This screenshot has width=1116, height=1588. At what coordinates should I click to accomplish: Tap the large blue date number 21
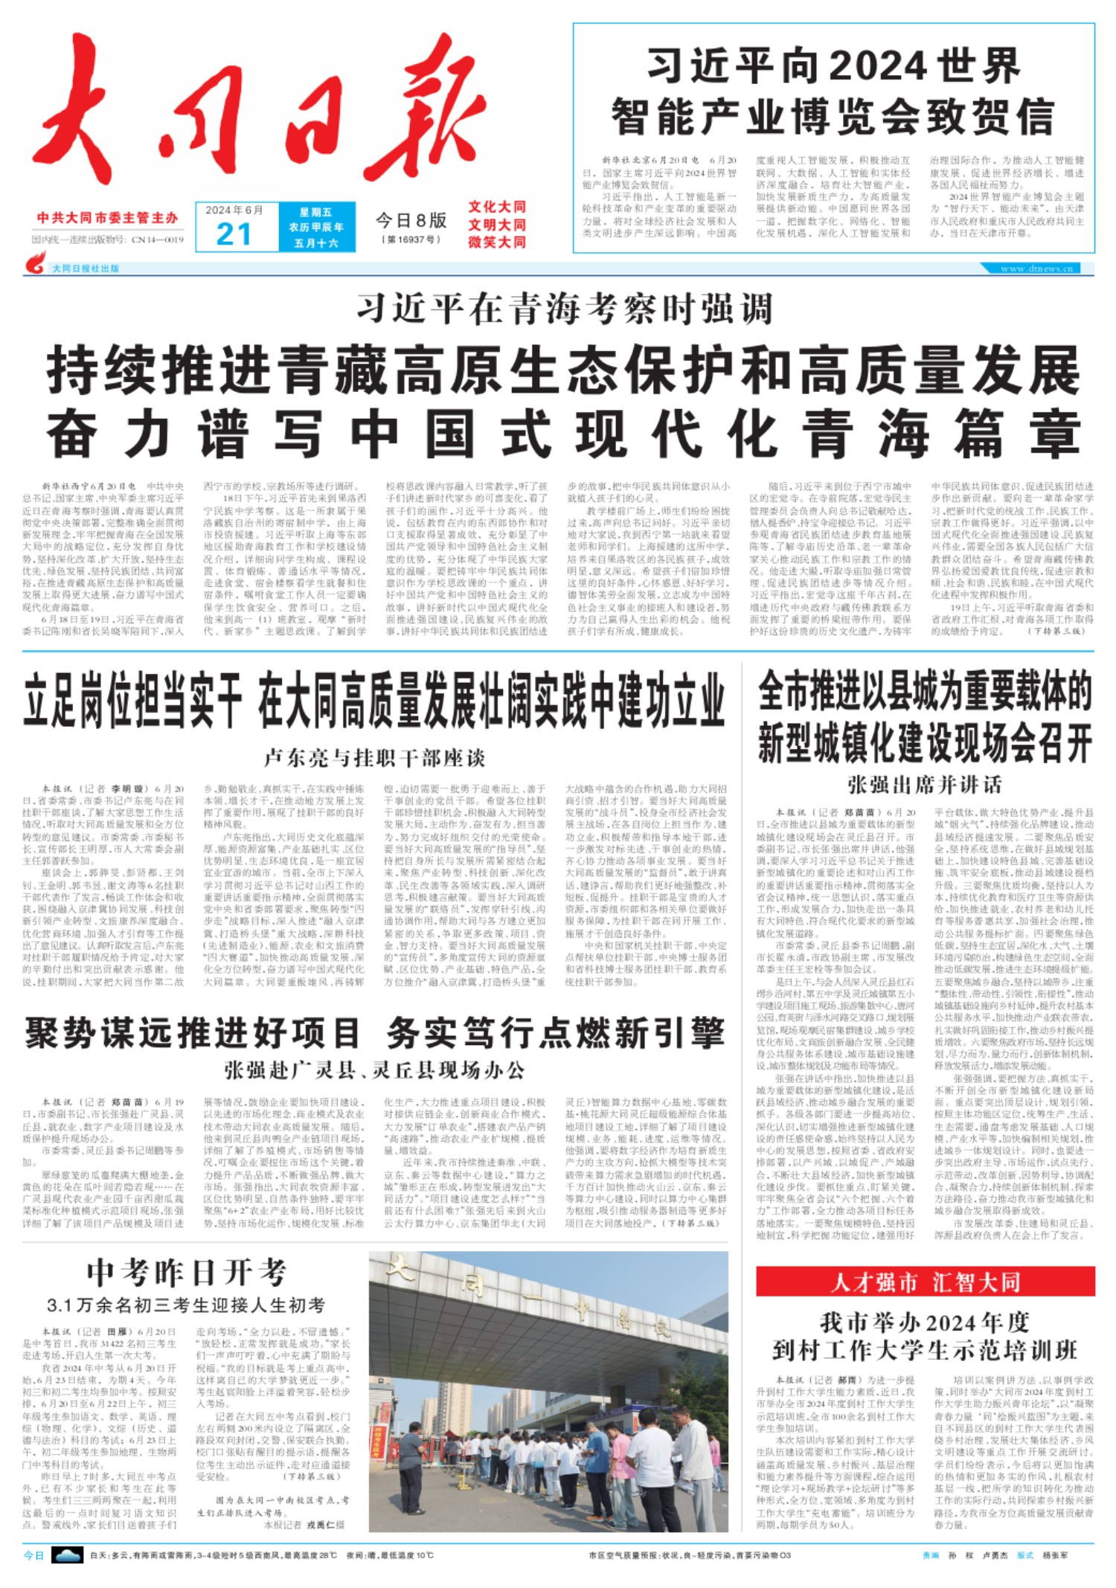click(234, 234)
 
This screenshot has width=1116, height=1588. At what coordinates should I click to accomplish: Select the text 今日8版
click(411, 220)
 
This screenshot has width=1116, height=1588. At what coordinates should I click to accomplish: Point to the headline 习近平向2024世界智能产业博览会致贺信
click(833, 91)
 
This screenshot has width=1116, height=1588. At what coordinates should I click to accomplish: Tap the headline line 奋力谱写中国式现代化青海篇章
click(563, 435)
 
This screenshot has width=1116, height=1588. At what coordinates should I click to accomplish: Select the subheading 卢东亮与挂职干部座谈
click(374, 758)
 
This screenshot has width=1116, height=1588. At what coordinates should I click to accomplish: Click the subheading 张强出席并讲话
click(924, 785)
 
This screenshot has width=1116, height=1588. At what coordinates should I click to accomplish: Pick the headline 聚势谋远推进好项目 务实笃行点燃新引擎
click(374, 1033)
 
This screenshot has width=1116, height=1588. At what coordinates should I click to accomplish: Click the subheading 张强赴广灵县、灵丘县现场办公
click(374, 1070)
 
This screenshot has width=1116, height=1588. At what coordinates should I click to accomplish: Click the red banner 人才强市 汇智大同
click(925, 1282)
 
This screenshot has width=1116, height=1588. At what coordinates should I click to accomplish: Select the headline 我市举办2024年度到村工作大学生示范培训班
click(925, 1337)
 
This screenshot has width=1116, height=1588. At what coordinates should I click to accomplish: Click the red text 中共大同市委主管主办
click(108, 218)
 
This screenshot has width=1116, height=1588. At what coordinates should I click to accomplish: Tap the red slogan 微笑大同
click(496, 242)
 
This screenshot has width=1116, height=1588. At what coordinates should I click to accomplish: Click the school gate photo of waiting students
click(548, 1391)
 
